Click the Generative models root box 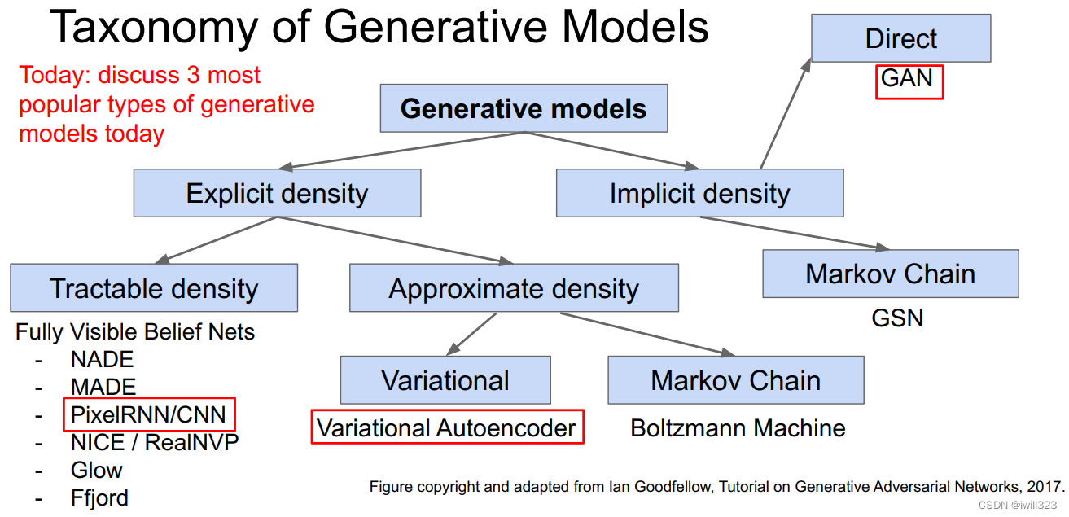(x=524, y=109)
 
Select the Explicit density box (x=277, y=194)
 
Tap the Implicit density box (x=699, y=194)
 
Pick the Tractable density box (x=154, y=288)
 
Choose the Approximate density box (x=514, y=288)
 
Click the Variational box (x=445, y=380)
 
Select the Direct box (x=900, y=38)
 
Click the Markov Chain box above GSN (x=890, y=274)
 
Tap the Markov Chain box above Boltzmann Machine (x=735, y=380)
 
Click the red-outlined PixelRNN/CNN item (x=148, y=414)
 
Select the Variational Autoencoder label (x=447, y=428)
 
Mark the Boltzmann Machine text (x=738, y=428)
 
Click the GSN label (x=897, y=318)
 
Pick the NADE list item (x=102, y=359)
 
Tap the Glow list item (x=96, y=471)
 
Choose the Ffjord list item (x=99, y=497)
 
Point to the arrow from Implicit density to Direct (x=786, y=114)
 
